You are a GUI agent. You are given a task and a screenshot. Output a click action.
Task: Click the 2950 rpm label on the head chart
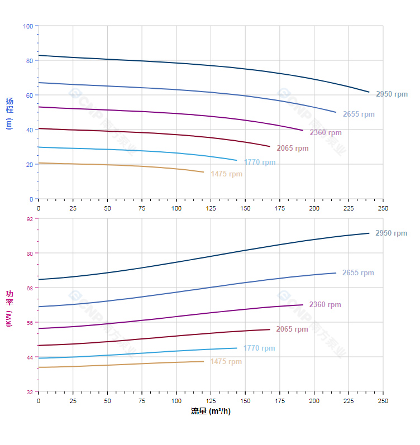click(392, 94)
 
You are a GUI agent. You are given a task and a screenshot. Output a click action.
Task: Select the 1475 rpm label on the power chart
click(226, 362)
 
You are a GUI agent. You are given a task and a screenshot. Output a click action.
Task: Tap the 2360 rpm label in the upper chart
click(326, 133)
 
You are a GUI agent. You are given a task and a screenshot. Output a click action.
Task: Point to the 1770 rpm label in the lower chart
click(259, 348)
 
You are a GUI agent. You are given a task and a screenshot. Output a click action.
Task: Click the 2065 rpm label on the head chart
click(293, 149)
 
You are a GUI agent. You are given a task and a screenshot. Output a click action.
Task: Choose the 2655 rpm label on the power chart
click(358, 273)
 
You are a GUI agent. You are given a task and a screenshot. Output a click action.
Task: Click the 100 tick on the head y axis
click(28, 26)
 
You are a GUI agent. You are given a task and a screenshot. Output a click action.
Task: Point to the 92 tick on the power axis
click(30, 219)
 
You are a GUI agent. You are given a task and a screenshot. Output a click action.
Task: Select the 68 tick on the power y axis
click(30, 288)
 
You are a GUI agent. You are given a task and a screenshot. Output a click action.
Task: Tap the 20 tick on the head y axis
click(30, 164)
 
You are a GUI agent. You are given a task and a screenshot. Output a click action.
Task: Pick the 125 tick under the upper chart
click(211, 208)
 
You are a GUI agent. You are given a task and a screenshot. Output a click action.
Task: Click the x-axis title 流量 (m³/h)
click(211, 411)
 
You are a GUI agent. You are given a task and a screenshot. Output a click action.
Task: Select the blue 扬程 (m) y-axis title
click(9, 113)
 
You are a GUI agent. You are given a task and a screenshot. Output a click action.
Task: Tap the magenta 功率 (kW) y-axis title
click(9, 308)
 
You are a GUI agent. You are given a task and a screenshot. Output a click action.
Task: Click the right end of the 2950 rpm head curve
click(369, 92)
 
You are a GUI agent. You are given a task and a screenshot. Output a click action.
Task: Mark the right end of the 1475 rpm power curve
click(204, 361)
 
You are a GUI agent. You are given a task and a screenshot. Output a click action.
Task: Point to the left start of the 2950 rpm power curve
click(39, 279)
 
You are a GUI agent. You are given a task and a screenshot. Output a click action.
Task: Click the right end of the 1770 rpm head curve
click(237, 161)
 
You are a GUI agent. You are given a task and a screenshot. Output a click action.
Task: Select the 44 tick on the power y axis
click(30, 357)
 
